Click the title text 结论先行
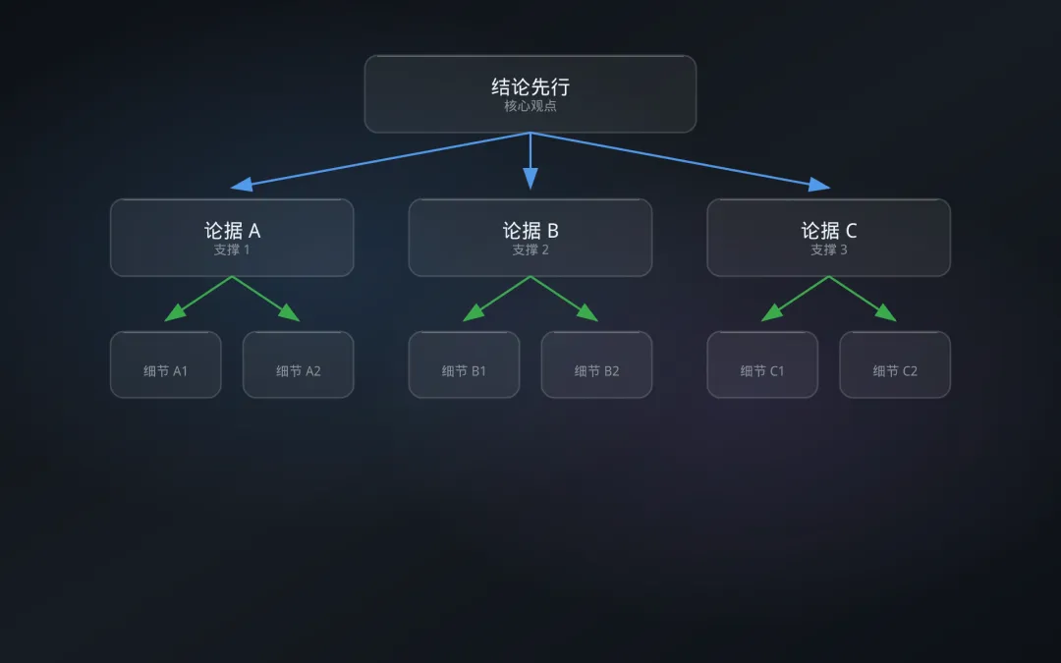[530, 86]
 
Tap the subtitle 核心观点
[530, 106]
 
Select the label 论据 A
[232, 231]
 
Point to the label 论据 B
[530, 231]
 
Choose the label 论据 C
[829, 231]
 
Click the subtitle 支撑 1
[232, 249]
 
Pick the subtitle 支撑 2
[530, 249]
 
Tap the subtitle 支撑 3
[829, 249]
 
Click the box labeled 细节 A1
[165, 365]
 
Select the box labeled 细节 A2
[299, 365]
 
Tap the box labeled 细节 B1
[464, 365]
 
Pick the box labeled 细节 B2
[597, 365]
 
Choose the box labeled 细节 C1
[762, 365]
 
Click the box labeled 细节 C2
[895, 365]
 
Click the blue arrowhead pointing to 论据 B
[530, 179]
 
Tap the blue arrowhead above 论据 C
[819, 184]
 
